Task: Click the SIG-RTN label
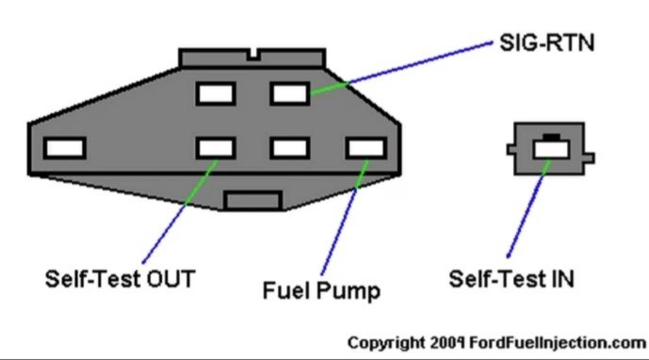coord(546,43)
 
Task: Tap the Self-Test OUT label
coord(120,279)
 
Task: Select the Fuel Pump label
coord(321,290)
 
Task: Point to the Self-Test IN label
coord(511,279)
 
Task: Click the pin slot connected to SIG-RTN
coord(290,93)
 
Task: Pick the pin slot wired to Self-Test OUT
coord(216,148)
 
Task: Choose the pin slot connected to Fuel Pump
coord(366,148)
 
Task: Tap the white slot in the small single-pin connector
coord(551,150)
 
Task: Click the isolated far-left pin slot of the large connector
coord(65,148)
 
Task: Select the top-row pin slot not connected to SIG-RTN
coord(216,93)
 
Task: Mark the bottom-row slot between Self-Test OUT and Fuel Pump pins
coord(290,148)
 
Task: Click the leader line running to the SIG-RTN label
coord(401,68)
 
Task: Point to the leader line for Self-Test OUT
coord(181,211)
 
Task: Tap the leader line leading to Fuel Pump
coord(345,217)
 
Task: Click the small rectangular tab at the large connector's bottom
coord(253,201)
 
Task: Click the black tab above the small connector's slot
coord(551,137)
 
